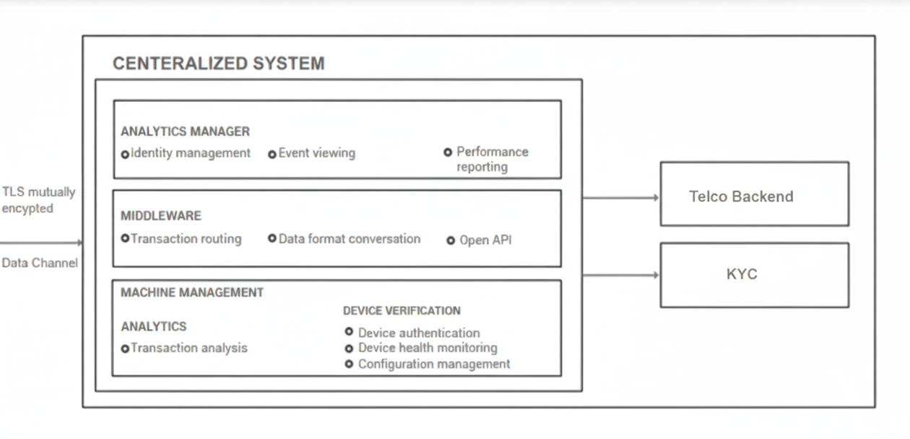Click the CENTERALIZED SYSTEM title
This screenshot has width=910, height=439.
click(218, 64)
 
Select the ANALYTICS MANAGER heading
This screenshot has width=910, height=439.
click(185, 131)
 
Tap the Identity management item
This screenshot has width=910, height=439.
click(190, 153)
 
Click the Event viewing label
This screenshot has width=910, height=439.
click(316, 153)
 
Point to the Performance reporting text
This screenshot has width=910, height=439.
click(491, 159)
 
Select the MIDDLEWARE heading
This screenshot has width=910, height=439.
click(160, 216)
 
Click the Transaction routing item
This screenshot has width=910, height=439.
click(186, 238)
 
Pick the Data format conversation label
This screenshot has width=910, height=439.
click(349, 238)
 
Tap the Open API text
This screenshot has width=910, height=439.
click(485, 240)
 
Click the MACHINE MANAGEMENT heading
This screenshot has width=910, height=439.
click(191, 292)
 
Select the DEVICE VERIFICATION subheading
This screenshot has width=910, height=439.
click(402, 310)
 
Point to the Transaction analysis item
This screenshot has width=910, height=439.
click(188, 348)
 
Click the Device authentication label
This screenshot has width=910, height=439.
click(418, 333)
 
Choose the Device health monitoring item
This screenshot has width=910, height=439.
click(427, 348)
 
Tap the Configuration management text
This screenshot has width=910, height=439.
click(433, 364)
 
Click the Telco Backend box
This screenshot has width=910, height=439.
click(754, 194)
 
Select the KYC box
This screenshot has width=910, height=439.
click(754, 275)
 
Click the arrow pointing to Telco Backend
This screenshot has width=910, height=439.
click(620, 197)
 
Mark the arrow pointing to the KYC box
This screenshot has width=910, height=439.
click(620, 275)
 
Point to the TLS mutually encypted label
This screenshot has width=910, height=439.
click(38, 200)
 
